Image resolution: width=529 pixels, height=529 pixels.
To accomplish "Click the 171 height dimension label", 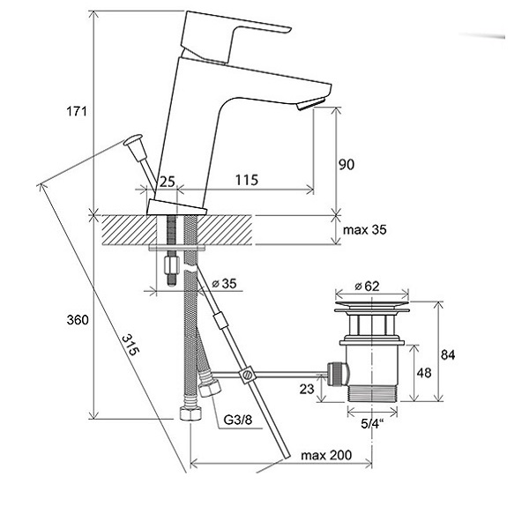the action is (x=77, y=111).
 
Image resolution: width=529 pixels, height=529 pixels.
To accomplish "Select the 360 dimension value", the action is (x=78, y=319).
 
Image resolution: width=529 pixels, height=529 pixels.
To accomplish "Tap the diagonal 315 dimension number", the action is (x=130, y=345).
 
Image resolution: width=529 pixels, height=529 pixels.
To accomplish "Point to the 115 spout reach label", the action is (x=247, y=180).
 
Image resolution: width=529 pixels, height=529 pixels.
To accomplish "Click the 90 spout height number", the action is (x=346, y=165).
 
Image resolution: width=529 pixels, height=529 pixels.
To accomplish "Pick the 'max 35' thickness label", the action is (x=365, y=230).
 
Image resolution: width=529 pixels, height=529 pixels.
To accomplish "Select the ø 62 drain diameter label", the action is (x=367, y=286).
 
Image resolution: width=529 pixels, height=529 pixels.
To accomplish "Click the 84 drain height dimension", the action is (x=448, y=354).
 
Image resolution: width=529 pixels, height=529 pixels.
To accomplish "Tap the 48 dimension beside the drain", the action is (x=424, y=373).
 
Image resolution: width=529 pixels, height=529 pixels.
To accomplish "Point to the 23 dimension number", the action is (x=307, y=389).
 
